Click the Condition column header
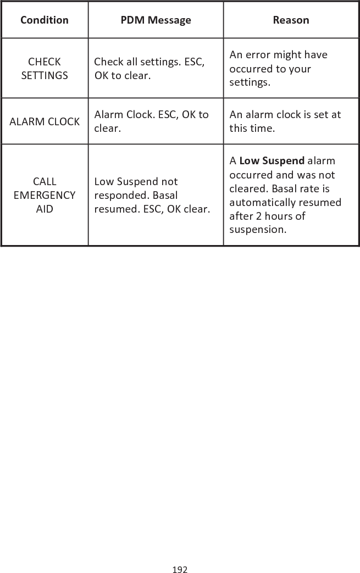pos(45,20)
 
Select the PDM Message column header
pos(156,20)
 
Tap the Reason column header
pos(291,20)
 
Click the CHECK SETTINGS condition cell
pos(45,68)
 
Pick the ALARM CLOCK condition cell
pos(45,121)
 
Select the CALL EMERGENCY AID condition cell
pos(45,195)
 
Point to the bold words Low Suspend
pos(272,161)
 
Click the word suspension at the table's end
pos(258,229)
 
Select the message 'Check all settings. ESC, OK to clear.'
pos(149,68)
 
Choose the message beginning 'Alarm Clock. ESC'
pos(151,121)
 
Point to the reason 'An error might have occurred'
pos(278,69)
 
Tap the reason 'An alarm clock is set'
pos(285,121)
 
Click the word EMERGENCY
pos(45,195)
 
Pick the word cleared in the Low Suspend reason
pos(248,188)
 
